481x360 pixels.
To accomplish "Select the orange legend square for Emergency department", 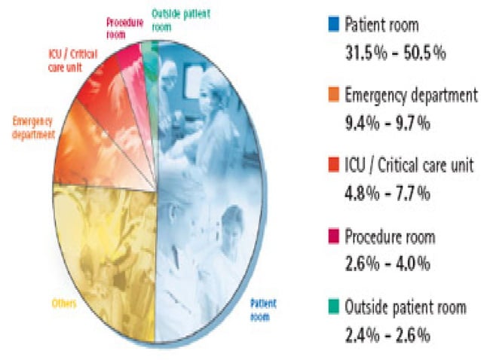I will pyautogui.click(x=333, y=96).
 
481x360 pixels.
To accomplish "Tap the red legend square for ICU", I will pyautogui.click(x=333, y=166).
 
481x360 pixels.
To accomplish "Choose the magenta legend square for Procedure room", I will pyautogui.click(x=333, y=237).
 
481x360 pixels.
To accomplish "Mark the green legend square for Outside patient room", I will pyautogui.click(x=333, y=308).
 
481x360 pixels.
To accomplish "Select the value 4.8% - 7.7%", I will pyautogui.click(x=384, y=194).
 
